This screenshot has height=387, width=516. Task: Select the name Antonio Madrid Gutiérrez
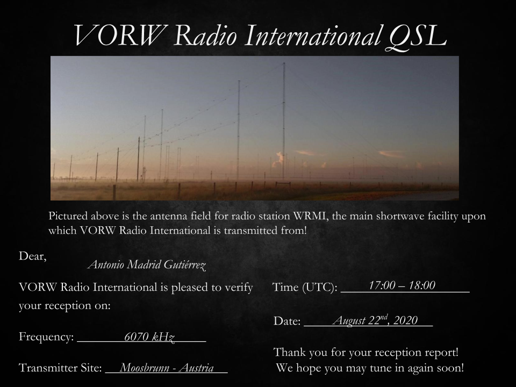pyautogui.click(x=147, y=264)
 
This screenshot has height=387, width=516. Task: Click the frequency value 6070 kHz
pyautogui.click(x=149, y=338)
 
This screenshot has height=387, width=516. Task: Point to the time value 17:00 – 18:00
pyautogui.click(x=402, y=285)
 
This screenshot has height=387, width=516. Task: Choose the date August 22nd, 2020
pyautogui.click(x=375, y=321)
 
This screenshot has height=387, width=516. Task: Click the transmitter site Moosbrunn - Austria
pyautogui.click(x=167, y=368)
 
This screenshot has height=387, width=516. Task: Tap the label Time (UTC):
pyautogui.click(x=305, y=288)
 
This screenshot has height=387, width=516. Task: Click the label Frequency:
pyautogui.click(x=46, y=338)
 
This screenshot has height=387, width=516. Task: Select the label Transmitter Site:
pyautogui.click(x=60, y=369)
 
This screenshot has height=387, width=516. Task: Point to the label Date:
pyautogui.click(x=287, y=321)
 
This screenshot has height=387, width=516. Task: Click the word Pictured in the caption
pyautogui.click(x=68, y=217)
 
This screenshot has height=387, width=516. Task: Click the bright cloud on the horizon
pyautogui.click(x=279, y=157)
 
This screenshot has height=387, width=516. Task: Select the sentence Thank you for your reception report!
pyautogui.click(x=366, y=353)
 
